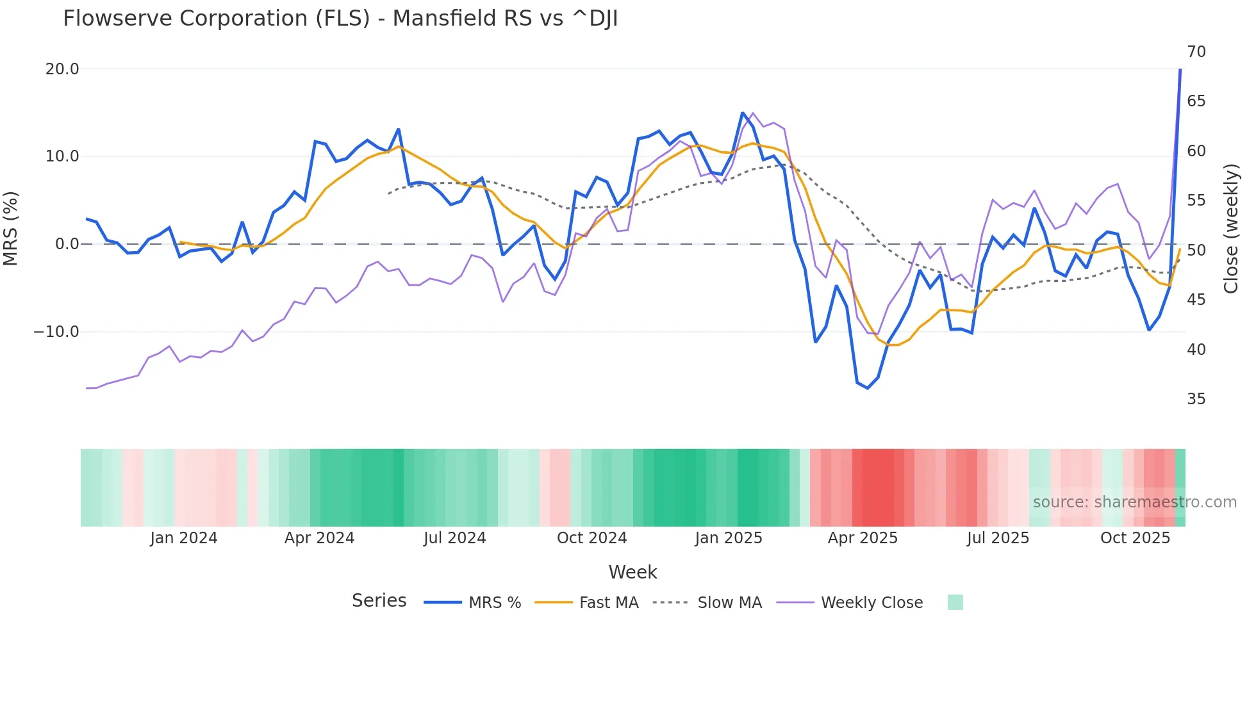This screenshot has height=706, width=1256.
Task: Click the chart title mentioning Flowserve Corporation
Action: pos(340,19)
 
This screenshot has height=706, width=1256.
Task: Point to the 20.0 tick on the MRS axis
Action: pos(62,69)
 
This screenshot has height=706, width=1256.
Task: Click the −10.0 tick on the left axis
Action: pos(56,332)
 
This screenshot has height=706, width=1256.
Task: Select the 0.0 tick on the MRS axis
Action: pos(67,244)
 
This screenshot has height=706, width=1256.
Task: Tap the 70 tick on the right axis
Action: pos(1196,52)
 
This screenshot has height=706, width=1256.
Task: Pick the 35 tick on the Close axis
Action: pos(1196,399)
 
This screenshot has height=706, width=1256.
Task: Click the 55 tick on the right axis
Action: pos(1196,201)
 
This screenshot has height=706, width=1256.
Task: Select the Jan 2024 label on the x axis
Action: pos(184,538)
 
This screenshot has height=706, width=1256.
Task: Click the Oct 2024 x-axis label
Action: pos(591,538)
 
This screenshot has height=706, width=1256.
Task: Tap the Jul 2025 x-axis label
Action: pos(998,538)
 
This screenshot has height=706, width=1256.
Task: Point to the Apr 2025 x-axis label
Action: pos(863,538)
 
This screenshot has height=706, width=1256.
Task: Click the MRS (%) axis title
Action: pos(11,229)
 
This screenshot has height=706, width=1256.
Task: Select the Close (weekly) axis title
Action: pos(1230,229)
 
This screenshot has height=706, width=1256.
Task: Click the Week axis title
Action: pos(632,572)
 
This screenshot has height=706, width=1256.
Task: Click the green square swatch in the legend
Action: pos(955,602)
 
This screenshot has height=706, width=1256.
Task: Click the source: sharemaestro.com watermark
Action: pos(1134,502)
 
